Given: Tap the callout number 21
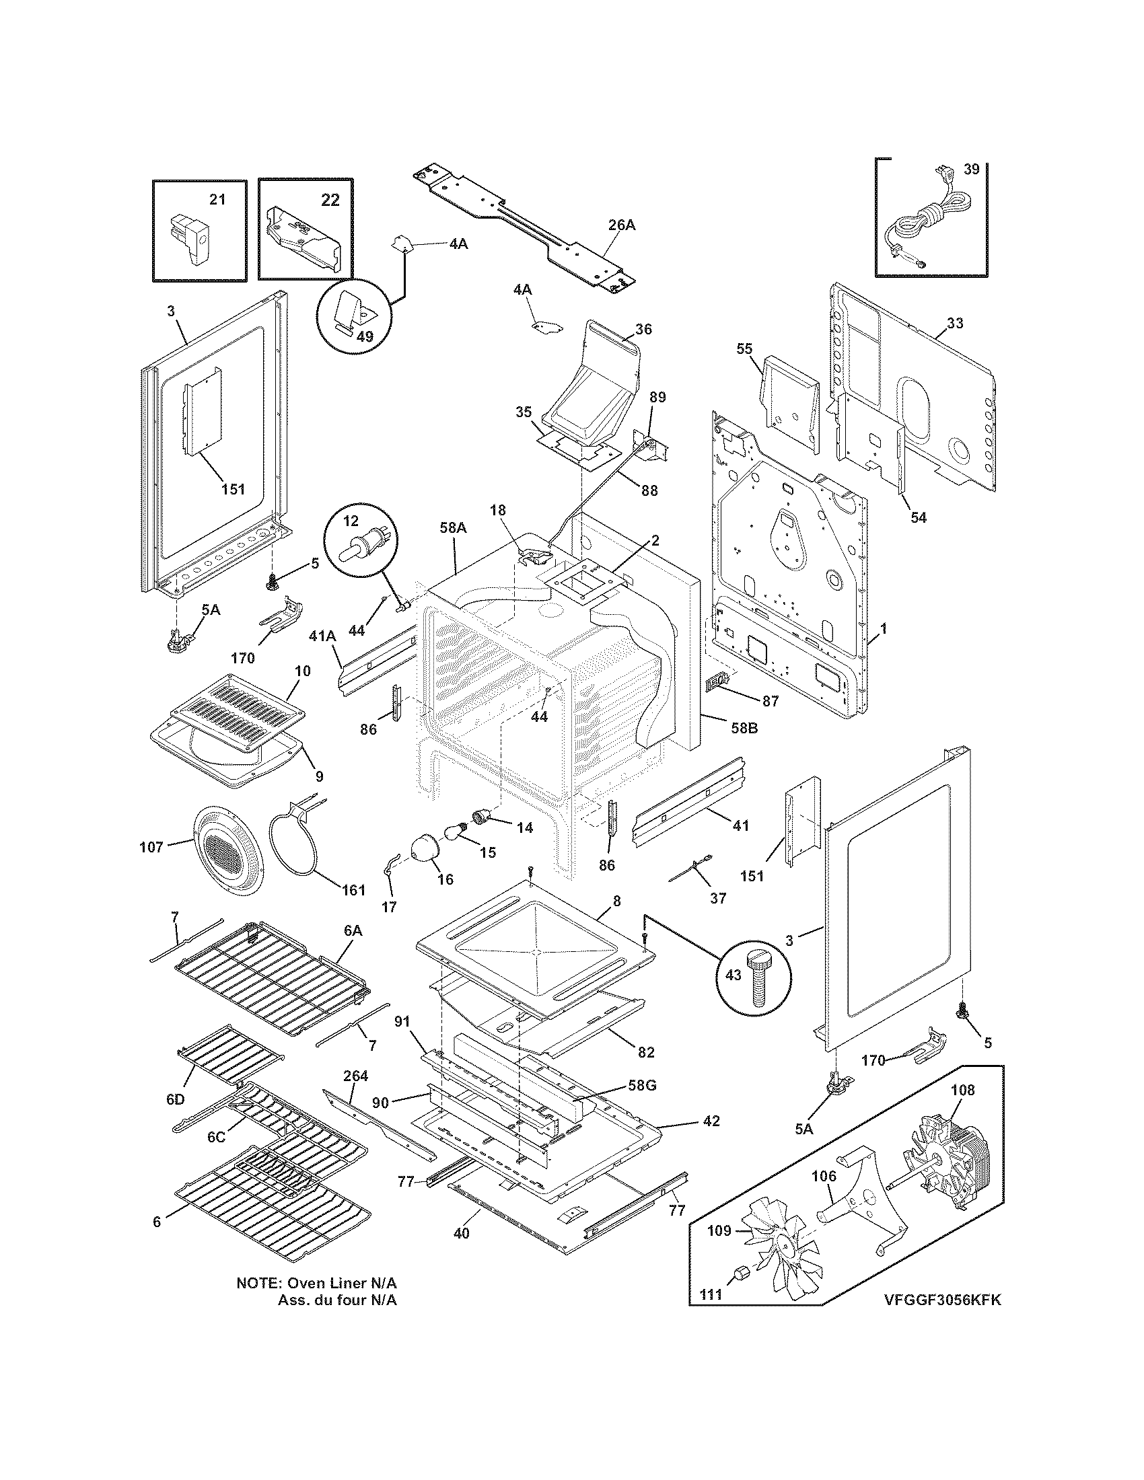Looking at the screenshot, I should click(217, 199).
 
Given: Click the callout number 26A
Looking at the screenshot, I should click(621, 225).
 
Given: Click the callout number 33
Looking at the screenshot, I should click(954, 323).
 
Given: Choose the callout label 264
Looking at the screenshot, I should click(355, 1076).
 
